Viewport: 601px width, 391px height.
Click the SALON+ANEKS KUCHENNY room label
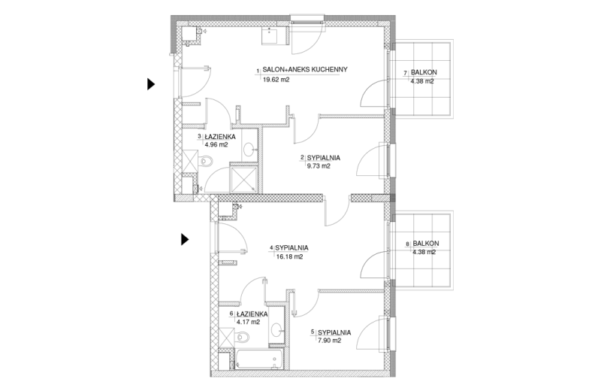click(305, 69)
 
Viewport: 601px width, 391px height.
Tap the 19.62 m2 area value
click(276, 80)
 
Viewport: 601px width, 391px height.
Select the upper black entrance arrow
click(151, 83)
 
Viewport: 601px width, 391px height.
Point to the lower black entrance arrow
click(185, 239)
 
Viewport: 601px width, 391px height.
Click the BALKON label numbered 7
click(424, 72)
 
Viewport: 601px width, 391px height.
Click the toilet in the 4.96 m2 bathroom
click(206, 161)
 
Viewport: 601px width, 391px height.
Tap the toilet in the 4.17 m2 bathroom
click(242, 338)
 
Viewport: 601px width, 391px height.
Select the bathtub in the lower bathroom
click(259, 359)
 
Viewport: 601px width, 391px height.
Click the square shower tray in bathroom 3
click(243, 180)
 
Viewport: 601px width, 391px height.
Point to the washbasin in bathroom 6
click(276, 329)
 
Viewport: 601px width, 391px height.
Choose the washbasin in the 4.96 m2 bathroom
click(250, 149)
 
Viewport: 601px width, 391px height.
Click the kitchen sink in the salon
click(274, 36)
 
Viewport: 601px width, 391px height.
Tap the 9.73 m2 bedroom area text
click(319, 166)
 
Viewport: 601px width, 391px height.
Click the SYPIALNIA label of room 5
click(334, 332)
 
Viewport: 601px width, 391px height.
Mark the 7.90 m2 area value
click(329, 341)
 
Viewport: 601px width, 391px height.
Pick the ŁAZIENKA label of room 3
click(219, 137)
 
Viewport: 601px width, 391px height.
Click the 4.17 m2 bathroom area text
click(249, 323)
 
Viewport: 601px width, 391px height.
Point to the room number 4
click(272, 248)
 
